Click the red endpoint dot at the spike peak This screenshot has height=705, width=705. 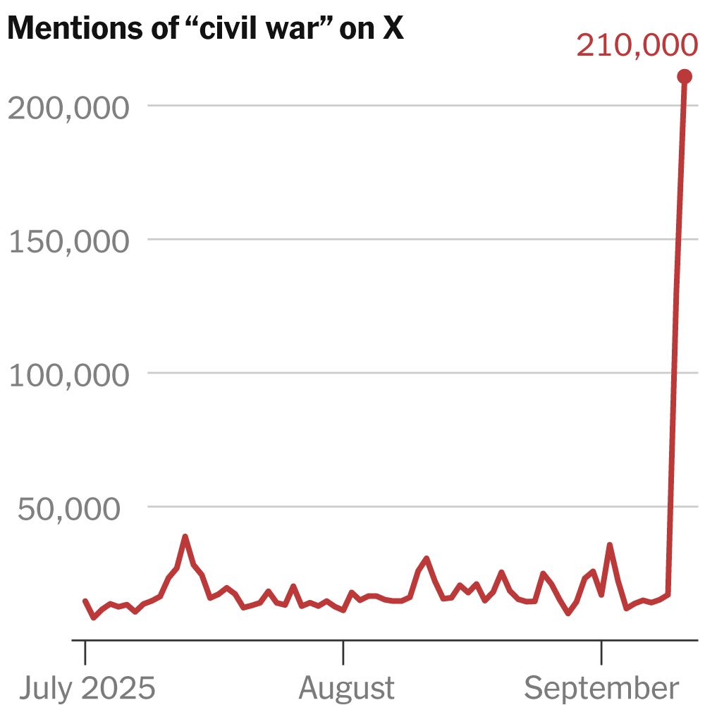pyautogui.click(x=684, y=76)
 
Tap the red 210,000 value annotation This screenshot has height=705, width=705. pyautogui.click(x=637, y=46)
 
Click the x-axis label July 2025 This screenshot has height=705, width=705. pyautogui.click(x=86, y=687)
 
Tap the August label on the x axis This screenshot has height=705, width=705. pyautogui.click(x=346, y=687)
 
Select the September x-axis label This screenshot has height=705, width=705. pyautogui.click(x=601, y=687)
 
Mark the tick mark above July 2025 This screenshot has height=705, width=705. pyautogui.click(x=85, y=652)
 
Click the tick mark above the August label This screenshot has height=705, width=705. pyautogui.click(x=343, y=652)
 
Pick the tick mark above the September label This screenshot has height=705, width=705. pyautogui.click(x=601, y=652)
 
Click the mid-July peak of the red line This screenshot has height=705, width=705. pyautogui.click(x=185, y=537)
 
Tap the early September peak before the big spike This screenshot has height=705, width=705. pyautogui.click(x=609, y=545)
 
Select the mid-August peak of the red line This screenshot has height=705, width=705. pyautogui.click(x=427, y=558)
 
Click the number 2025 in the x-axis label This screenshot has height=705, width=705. pyautogui.click(x=119, y=687)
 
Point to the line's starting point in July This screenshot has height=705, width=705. pyautogui.click(x=85, y=601)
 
